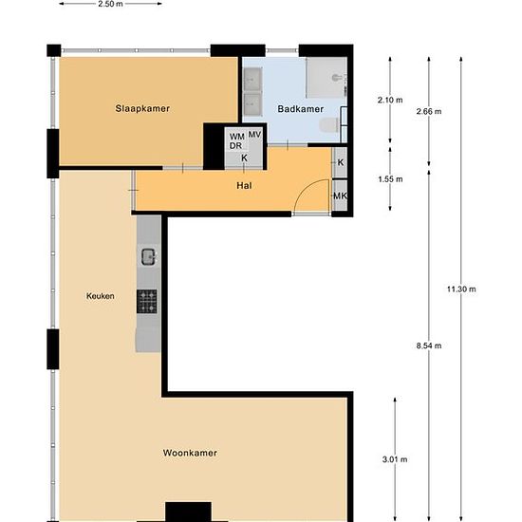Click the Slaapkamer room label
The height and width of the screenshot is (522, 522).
142,108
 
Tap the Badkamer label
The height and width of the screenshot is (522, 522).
301,109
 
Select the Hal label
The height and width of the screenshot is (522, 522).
244,185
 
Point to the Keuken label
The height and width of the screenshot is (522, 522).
101,296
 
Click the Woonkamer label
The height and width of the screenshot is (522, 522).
190,453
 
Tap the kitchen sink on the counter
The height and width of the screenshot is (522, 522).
148,256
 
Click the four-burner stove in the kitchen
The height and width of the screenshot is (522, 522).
147,301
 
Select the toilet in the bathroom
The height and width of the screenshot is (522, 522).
329,125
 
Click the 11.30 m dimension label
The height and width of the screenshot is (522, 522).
461,289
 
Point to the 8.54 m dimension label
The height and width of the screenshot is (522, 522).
429,345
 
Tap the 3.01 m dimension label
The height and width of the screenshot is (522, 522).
395,459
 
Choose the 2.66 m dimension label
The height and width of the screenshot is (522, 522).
429,111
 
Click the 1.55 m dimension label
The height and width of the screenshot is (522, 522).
390,179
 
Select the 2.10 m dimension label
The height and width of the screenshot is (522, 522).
390,100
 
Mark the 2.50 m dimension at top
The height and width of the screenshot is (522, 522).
110,4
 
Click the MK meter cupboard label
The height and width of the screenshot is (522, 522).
340,196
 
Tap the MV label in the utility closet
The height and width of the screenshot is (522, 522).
254,135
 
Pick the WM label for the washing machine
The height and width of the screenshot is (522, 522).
237,137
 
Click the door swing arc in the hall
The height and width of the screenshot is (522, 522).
306,188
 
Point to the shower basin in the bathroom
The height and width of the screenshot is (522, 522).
326,78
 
